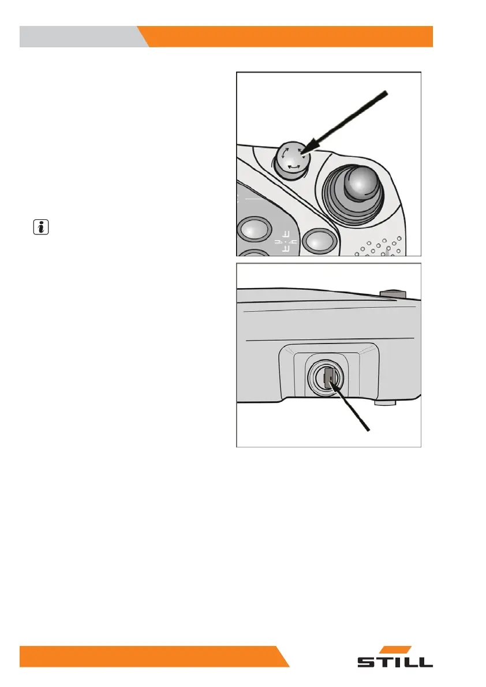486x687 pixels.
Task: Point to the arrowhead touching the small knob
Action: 305,154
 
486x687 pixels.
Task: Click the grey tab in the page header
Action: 81,36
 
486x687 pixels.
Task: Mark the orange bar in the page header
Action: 289,36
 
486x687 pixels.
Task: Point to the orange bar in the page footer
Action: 150,656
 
